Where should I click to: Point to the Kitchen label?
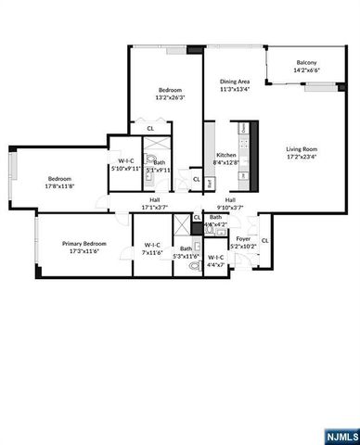click(225, 155)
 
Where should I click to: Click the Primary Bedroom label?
click(81, 244)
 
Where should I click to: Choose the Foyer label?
click(242, 239)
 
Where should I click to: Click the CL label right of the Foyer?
click(265, 241)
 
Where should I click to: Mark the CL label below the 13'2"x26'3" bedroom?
click(150, 128)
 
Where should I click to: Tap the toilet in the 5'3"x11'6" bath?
click(194, 265)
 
